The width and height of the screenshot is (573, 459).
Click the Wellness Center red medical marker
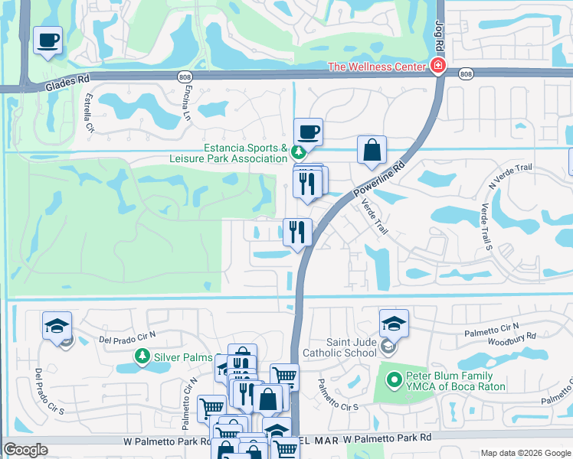pyautogui.click(x=437, y=67)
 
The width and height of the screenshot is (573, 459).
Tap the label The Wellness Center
pyautogui.click(x=376, y=67)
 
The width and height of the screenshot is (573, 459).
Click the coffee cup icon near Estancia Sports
pyautogui.click(x=308, y=132)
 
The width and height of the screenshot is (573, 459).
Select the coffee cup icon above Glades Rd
pyautogui.click(x=48, y=40)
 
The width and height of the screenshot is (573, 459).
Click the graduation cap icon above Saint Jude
pyautogui.click(x=394, y=323)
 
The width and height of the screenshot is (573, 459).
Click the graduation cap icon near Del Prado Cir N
pyautogui.click(x=57, y=325)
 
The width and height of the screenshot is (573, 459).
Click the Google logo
pyautogui.click(x=26, y=450)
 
